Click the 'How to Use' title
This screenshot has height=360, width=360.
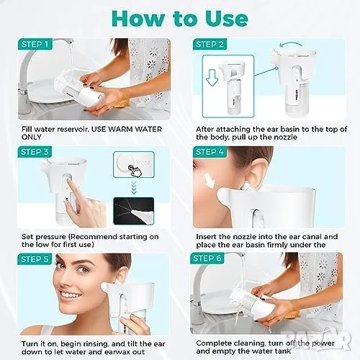(x=180, y=19)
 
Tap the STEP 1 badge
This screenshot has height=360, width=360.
(x=35, y=44)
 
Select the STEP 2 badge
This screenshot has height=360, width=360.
(x=210, y=44)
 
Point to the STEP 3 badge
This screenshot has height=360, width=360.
(x=35, y=152)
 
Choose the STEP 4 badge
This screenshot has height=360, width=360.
(x=210, y=152)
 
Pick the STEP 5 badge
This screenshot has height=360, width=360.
(x=35, y=259)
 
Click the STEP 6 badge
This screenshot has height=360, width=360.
(x=207, y=258)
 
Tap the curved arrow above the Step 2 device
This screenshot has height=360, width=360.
(x=291, y=44)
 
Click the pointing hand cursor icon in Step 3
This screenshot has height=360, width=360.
(x=135, y=170)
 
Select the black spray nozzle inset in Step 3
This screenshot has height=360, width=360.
(x=134, y=211)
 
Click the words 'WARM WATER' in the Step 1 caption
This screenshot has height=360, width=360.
(x=135, y=129)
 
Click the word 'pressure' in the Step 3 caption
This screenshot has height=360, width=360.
(x=50, y=237)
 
